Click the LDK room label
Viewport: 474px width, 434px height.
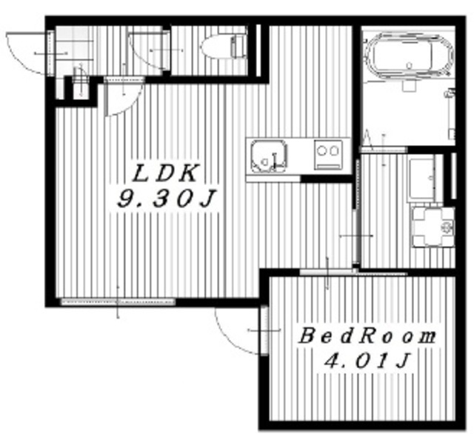pyautogui.click(x=165, y=173)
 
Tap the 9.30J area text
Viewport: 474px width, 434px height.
pyautogui.click(x=166, y=199)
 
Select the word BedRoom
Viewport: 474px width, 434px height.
pyautogui.click(x=367, y=336)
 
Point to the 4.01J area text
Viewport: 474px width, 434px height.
pyautogui.click(x=367, y=361)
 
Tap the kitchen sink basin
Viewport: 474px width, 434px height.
pyautogui.click(x=268, y=156)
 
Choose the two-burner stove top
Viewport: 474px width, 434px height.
pyautogui.click(x=328, y=155)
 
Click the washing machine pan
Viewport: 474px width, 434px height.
pyautogui.click(x=433, y=227)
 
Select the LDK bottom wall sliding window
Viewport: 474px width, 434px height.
pyautogui.click(x=118, y=301)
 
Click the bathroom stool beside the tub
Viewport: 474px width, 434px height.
pyautogui.click(x=409, y=85)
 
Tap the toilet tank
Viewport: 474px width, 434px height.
pyautogui.click(x=238, y=47)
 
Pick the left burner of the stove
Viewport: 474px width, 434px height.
pyautogui.click(x=322, y=150)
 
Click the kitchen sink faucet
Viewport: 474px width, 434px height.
pyautogui.click(x=275, y=160)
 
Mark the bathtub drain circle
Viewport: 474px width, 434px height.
pyautogui.click(x=410, y=65)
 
